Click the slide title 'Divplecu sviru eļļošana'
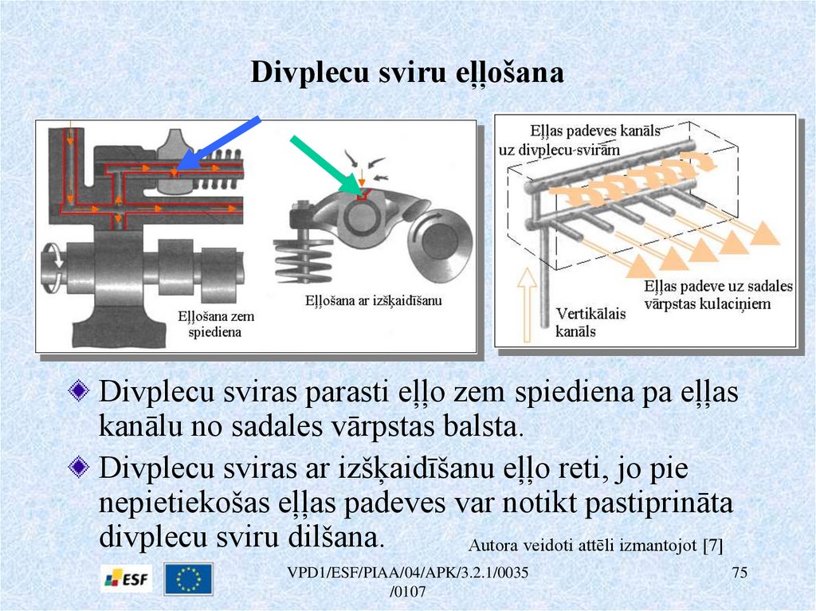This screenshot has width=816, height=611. tap(407, 72)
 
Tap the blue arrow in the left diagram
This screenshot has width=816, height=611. tap(218, 144)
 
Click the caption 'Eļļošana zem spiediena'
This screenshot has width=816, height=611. tap(215, 324)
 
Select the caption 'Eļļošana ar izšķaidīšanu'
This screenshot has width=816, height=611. tap(373, 300)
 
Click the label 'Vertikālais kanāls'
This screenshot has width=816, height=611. tap(590, 322)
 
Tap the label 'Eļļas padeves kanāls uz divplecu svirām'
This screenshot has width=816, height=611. tap(579, 140)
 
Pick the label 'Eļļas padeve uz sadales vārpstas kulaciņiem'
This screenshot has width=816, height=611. tap(718, 295)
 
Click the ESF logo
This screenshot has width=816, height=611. tap(127, 578)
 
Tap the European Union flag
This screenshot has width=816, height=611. tap(188, 578)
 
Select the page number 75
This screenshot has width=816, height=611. tap(739, 573)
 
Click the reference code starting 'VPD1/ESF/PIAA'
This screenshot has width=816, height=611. tap(407, 582)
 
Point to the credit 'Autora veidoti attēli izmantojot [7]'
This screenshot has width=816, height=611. tap(595, 546)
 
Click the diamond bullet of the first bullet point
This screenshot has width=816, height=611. tap(79, 391)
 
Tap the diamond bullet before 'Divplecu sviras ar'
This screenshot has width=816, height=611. tap(79, 467)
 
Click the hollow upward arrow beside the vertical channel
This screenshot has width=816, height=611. tap(528, 304)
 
